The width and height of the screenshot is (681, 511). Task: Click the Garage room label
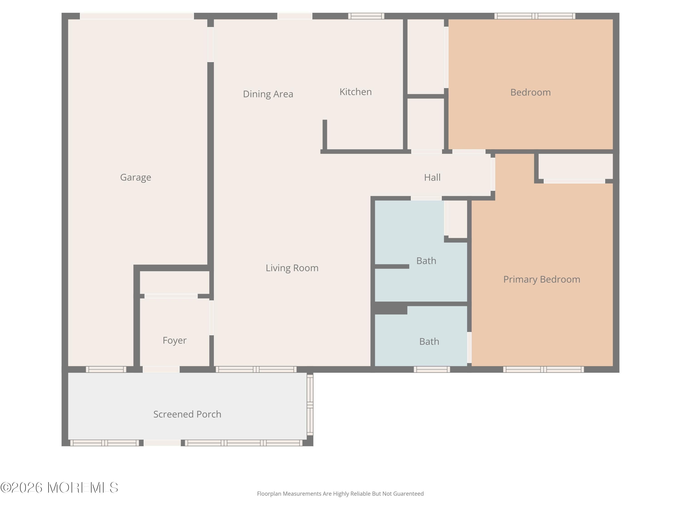136,177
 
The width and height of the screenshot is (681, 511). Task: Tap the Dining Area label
268,94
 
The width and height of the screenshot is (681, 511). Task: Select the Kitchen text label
355,92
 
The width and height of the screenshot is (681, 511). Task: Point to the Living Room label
292,268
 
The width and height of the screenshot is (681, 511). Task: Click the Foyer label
175,340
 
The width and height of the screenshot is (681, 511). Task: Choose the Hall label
432,177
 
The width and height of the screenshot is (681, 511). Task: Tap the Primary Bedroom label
542,279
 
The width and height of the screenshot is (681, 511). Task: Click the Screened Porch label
187,414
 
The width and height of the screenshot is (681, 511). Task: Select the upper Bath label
426,261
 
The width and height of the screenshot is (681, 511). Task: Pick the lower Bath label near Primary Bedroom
429,342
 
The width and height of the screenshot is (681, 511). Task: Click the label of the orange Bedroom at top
530,92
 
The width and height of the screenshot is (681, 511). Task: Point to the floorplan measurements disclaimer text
340,494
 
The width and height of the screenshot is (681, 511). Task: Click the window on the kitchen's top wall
366,16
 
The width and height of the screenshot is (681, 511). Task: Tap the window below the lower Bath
432,369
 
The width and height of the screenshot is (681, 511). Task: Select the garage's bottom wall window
106,369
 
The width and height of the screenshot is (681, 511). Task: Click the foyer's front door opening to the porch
161,369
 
